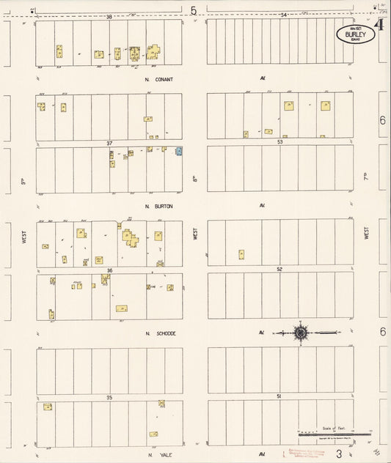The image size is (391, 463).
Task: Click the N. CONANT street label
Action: (159, 78)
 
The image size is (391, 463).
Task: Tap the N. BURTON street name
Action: (159, 206)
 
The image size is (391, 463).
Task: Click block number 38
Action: (109, 16)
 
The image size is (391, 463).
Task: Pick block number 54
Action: (283, 15)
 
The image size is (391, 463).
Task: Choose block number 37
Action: (109, 143)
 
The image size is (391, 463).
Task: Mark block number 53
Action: (279, 142)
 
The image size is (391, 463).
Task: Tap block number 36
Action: (109, 270)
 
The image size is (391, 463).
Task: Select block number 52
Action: (279, 270)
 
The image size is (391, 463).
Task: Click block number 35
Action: (109, 397)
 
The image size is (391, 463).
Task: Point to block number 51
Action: (279, 396)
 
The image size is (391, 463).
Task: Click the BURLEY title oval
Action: (356, 34)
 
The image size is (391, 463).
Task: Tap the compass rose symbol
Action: (301, 333)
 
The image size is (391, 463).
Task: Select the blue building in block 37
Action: (178, 151)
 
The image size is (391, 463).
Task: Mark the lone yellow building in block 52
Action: (241, 255)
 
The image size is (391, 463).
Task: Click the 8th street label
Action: (195, 178)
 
